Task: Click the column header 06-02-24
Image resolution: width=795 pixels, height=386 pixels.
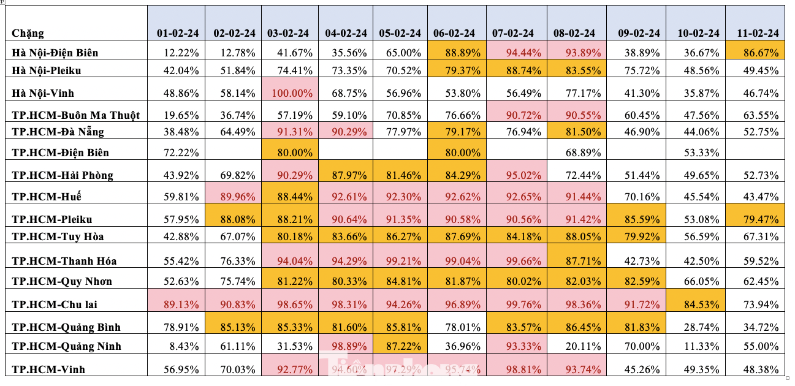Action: point(454,33)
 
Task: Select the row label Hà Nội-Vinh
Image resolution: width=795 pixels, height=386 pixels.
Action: point(47,94)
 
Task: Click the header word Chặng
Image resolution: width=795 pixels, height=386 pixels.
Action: point(28,33)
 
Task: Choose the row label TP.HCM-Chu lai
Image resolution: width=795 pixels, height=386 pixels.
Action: point(55,305)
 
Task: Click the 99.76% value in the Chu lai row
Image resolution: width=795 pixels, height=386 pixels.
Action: point(512,305)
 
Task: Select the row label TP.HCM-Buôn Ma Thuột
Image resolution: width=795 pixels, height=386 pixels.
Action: point(76,115)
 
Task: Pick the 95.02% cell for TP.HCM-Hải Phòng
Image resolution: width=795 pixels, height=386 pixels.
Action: point(512,175)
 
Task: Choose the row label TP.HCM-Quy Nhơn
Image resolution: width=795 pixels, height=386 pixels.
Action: point(62,282)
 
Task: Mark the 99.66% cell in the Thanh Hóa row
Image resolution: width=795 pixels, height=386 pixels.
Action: point(512,261)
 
